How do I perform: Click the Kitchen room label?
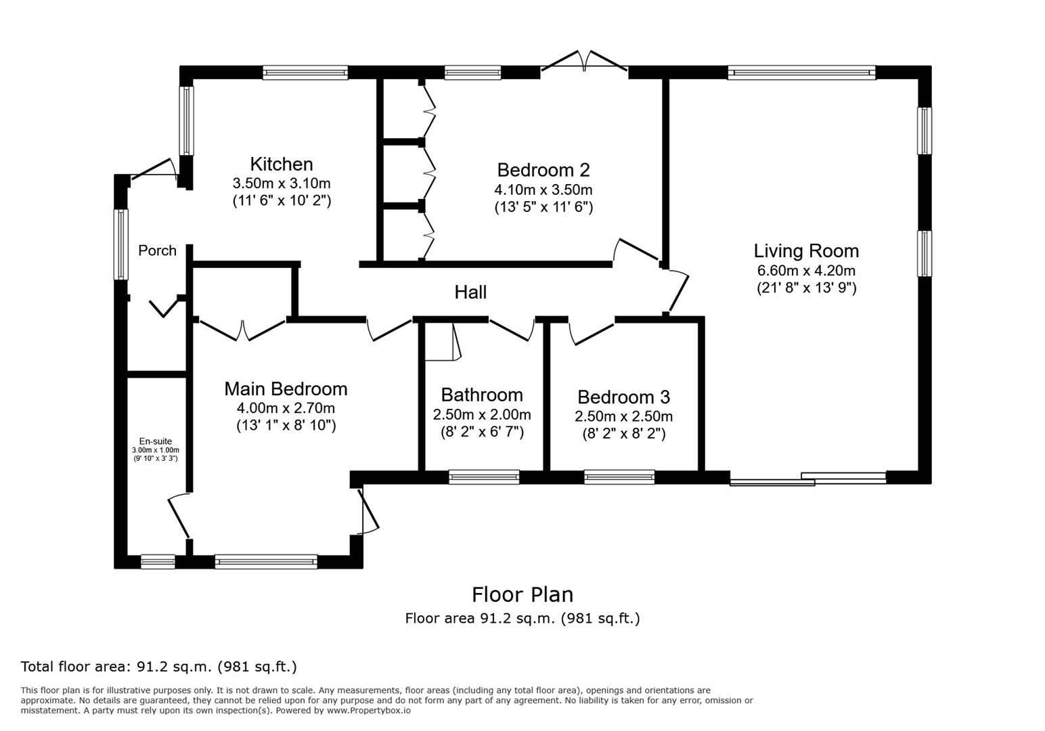282,164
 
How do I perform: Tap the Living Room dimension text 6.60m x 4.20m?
805,270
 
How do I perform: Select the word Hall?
470,292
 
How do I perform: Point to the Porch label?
157,250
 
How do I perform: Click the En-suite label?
156,441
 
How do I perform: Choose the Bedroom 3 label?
624,397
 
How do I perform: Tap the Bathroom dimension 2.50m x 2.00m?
482,414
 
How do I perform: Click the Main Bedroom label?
286,389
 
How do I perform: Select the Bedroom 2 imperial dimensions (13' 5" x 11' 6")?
543,206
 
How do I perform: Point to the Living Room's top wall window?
801,72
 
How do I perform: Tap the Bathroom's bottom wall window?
484,477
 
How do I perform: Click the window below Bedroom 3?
619,477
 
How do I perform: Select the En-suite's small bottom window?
158,561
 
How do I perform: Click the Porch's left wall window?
121,244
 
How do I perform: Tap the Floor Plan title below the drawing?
522,595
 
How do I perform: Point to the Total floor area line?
158,667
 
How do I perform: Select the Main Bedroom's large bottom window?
266,561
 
